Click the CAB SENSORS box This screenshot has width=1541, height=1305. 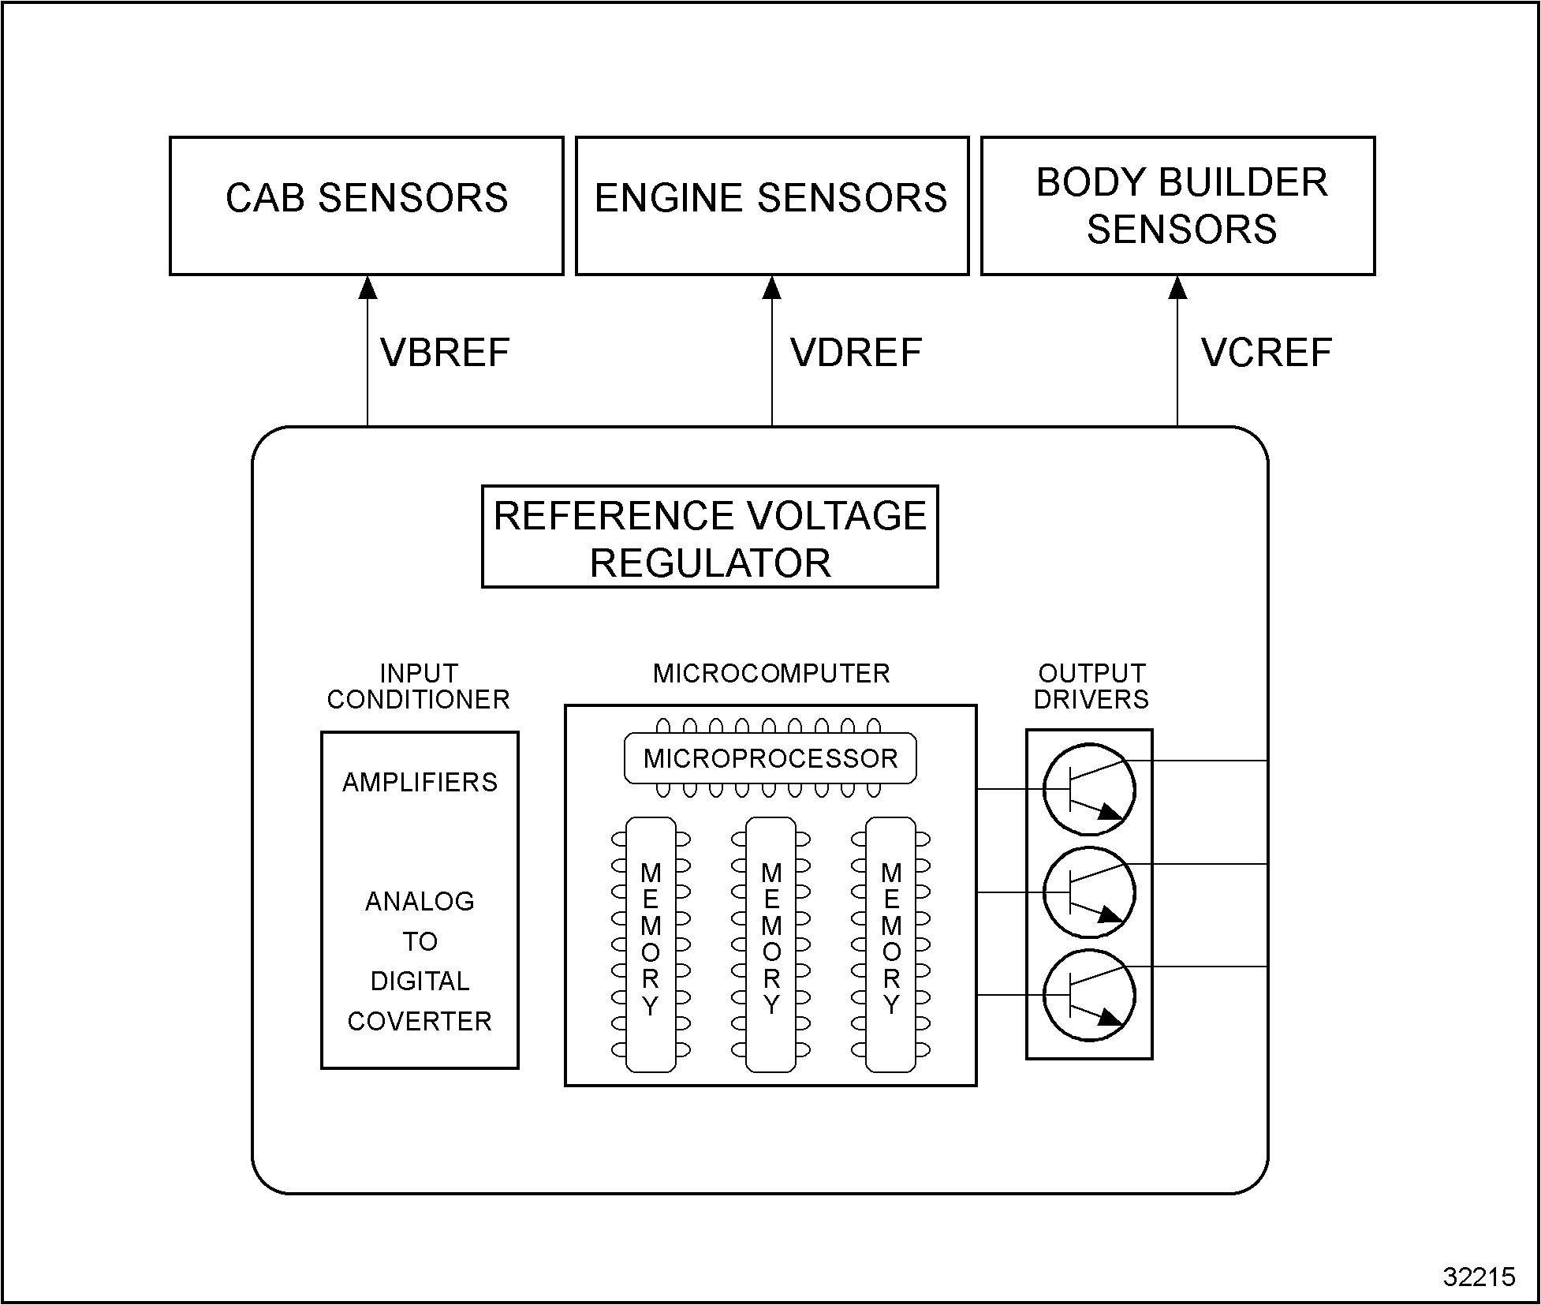click(367, 205)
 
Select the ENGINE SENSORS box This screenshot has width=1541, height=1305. click(772, 205)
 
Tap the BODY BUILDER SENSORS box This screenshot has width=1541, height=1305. click(1178, 205)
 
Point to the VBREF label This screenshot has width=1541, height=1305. click(445, 353)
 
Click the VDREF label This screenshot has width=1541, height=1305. click(856, 353)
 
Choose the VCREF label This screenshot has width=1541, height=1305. click(1267, 353)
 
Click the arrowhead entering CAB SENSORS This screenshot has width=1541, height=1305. click(368, 288)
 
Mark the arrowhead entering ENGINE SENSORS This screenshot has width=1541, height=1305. click(772, 288)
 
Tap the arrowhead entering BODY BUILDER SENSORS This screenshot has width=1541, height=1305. click(1177, 288)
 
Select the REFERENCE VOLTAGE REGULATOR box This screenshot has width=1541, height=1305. click(710, 537)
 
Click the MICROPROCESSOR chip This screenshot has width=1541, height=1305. click(770, 759)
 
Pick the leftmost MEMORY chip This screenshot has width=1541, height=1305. click(651, 944)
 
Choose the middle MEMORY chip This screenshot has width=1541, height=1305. click(770, 944)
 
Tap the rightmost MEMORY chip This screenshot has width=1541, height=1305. click(891, 944)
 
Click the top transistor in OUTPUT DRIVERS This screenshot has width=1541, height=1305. click(1089, 789)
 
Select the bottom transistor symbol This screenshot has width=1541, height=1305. click(1089, 996)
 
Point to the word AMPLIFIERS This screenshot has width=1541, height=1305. click(420, 783)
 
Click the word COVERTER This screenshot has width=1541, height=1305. click(420, 1022)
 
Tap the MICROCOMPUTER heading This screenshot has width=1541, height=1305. click(771, 674)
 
